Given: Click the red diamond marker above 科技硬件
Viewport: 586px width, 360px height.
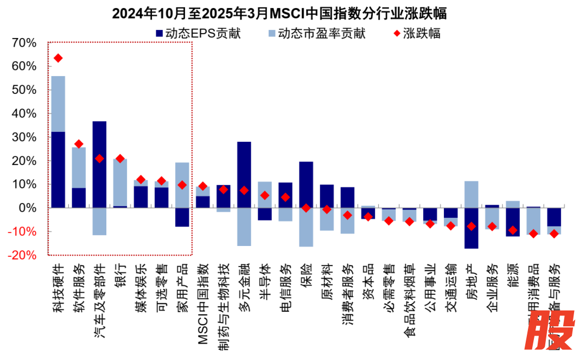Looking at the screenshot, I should tap(58, 58).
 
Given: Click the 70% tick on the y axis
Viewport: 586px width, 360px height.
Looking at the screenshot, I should tap(23, 43).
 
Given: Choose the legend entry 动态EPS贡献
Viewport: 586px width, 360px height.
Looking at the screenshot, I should tap(198, 34).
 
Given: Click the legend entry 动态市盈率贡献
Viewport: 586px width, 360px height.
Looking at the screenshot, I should tap(317, 34).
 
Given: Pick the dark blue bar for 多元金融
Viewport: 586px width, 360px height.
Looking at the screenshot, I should tap(244, 174).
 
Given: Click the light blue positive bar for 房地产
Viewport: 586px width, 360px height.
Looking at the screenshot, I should tap(472, 194).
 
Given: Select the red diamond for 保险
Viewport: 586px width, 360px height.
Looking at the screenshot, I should tap(306, 208).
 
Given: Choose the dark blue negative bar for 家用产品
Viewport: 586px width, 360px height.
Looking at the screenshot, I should tap(182, 217).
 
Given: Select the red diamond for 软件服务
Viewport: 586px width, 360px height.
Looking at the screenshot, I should tap(79, 144).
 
